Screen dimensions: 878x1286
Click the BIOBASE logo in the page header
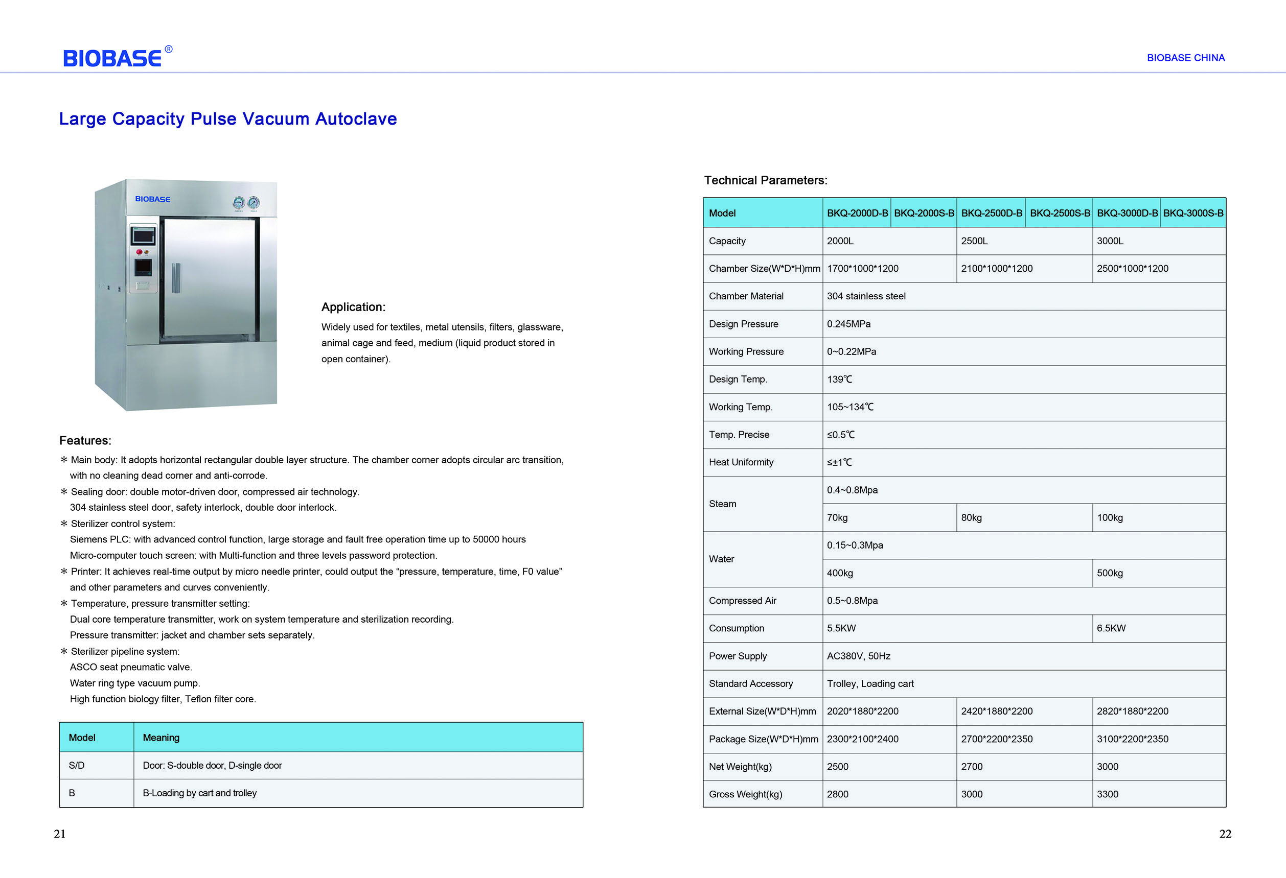point(113,58)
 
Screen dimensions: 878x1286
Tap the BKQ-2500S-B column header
point(1060,213)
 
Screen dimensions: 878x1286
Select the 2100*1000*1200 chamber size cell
point(997,269)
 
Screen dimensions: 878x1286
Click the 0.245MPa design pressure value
point(848,324)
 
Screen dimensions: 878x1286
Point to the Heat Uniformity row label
point(741,462)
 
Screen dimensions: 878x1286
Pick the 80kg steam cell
point(971,518)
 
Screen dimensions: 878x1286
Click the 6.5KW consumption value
point(1111,629)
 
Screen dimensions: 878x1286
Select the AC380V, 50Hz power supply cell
point(858,656)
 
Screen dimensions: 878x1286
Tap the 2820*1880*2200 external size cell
point(1132,711)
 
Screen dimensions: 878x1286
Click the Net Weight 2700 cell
point(972,767)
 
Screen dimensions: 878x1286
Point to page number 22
point(1225,834)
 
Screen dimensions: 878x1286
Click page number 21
point(60,834)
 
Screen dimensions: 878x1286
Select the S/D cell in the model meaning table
point(76,766)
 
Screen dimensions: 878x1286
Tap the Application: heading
point(353,307)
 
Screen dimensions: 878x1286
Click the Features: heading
point(85,441)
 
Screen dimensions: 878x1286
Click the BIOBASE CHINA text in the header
point(1185,58)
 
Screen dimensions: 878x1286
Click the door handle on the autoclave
point(176,278)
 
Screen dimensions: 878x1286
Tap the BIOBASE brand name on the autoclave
point(153,199)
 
